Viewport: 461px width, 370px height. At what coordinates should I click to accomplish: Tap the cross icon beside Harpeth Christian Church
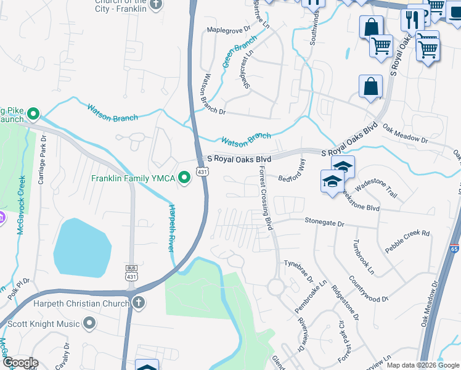pyautogui.click(x=139, y=303)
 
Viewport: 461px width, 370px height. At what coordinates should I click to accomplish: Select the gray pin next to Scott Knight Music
pyautogui.click(x=90, y=323)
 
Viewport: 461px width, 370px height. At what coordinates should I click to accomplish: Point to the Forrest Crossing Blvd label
pyautogui.click(x=266, y=198)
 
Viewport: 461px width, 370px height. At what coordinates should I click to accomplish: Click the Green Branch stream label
pyautogui.click(x=239, y=52)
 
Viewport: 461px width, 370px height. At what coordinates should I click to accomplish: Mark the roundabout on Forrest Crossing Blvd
pyautogui.click(x=275, y=287)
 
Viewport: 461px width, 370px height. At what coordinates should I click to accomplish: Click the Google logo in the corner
pyautogui.click(x=20, y=362)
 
